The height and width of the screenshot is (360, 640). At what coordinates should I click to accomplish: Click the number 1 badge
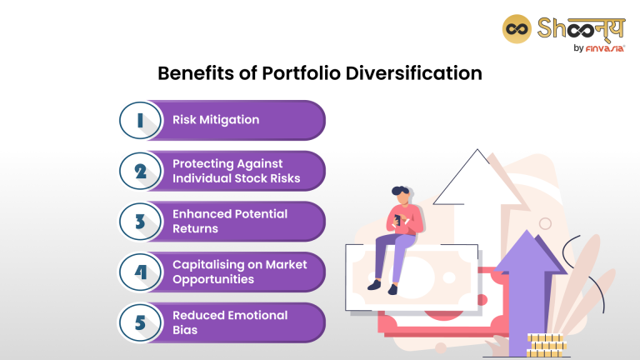pos(139,120)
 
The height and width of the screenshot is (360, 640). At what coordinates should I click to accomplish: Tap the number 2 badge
pos(139,171)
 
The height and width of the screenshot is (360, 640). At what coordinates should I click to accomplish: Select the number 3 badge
pos(139,222)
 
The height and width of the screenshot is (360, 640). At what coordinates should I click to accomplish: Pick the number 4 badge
pos(139,272)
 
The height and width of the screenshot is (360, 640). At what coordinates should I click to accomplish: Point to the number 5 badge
pos(139,322)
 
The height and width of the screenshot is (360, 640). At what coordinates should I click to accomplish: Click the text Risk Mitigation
pos(216,120)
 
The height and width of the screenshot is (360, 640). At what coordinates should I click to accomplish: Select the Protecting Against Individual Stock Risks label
pos(236,171)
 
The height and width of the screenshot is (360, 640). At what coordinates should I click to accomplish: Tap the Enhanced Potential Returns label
pos(230,221)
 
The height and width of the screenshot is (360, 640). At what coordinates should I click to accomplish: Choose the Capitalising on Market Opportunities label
pos(239,272)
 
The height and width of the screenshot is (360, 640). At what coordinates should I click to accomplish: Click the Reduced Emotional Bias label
pos(230,322)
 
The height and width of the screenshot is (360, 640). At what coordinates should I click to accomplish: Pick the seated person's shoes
pos(382,287)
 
